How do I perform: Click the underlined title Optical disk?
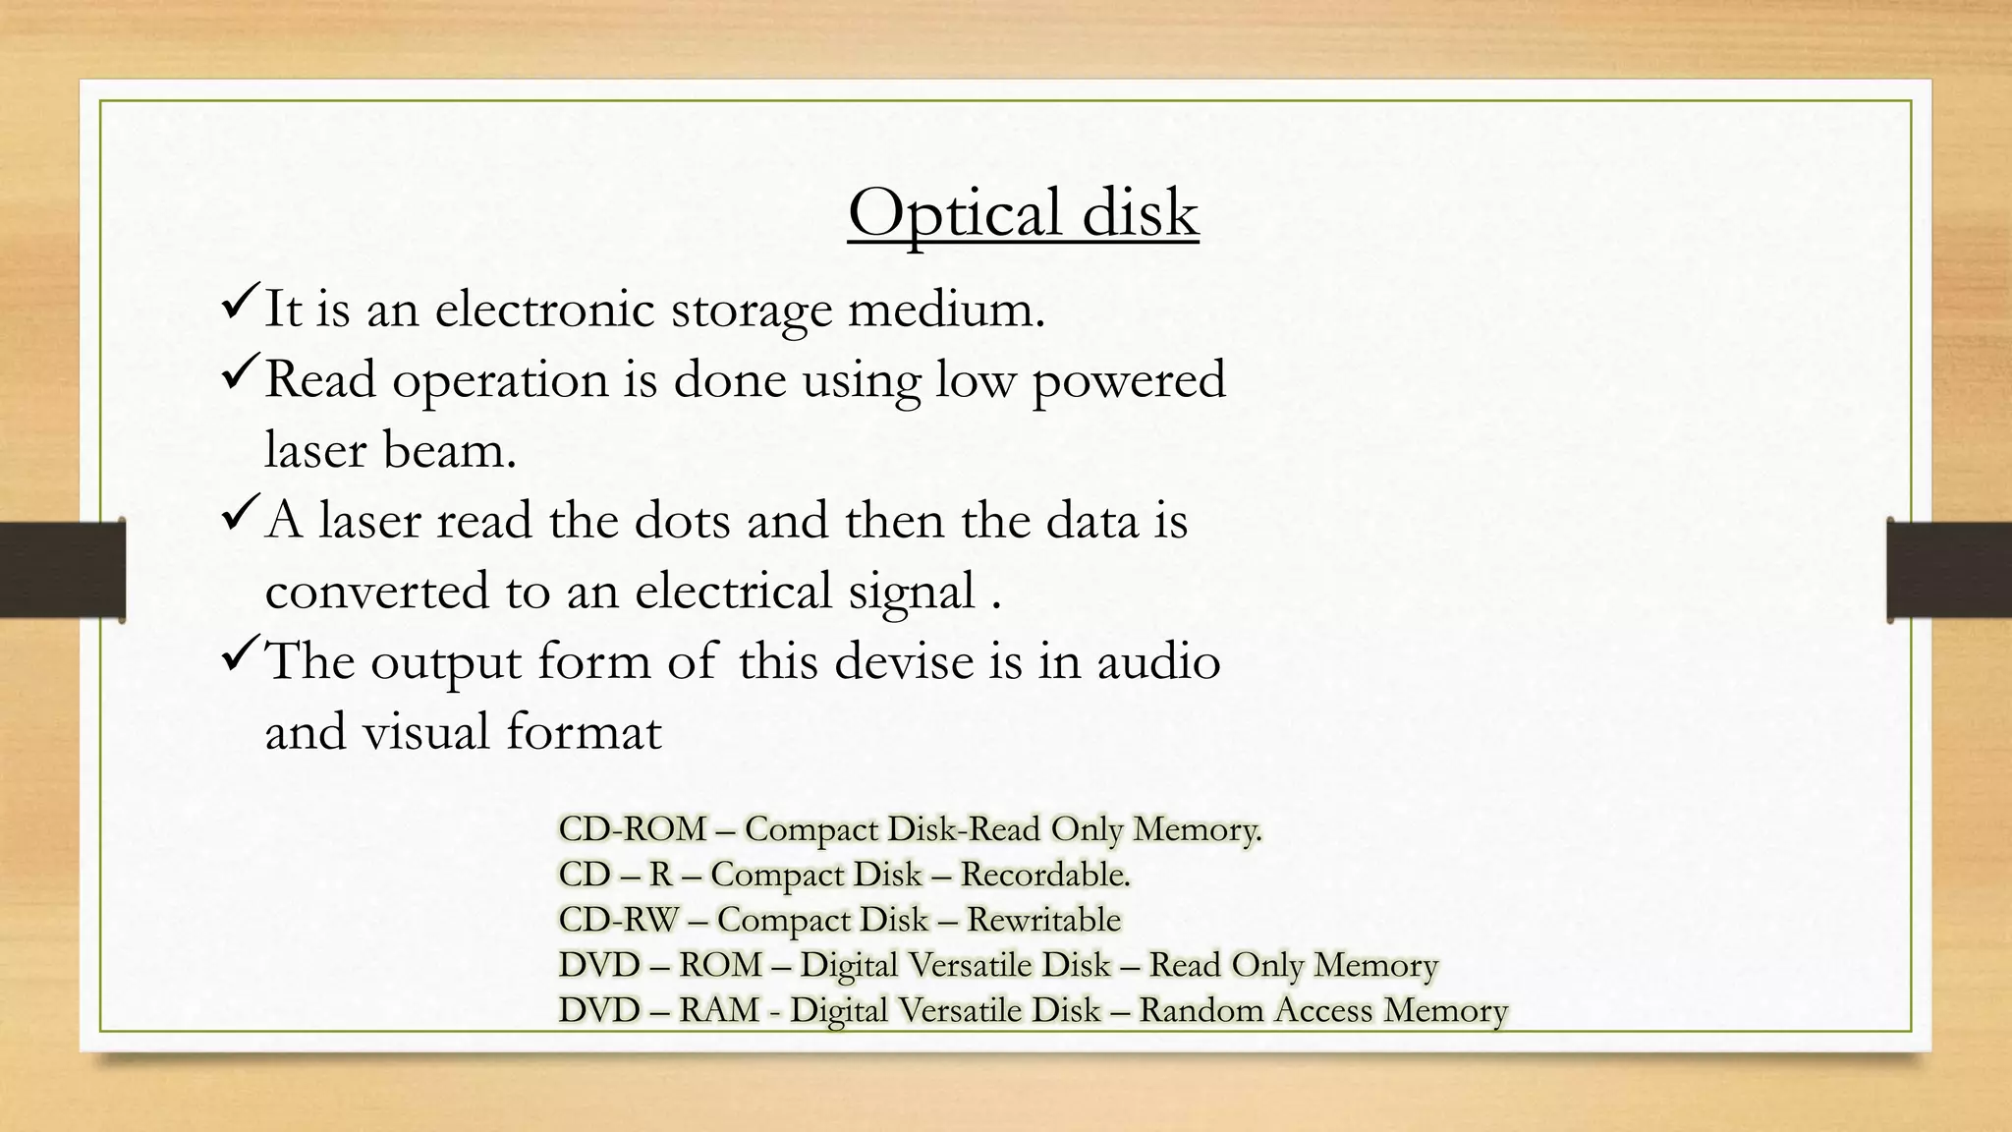coord(1023,213)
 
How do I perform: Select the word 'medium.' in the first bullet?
coord(946,309)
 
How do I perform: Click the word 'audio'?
coord(1158,661)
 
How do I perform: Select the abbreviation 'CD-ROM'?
coord(633,829)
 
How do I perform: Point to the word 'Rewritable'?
coord(1043,920)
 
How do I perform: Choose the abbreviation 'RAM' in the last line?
coord(719,1010)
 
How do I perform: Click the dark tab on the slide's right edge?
coord(1949,570)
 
